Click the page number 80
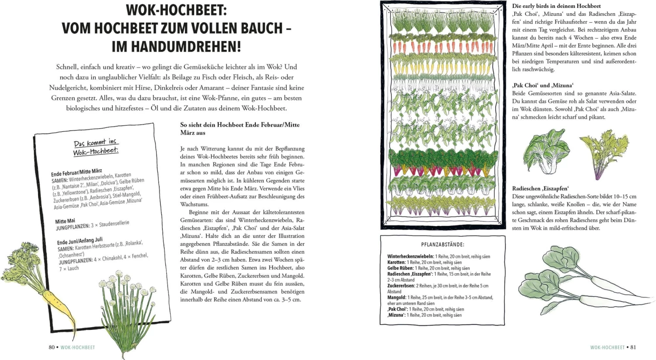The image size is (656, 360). [x=52, y=347]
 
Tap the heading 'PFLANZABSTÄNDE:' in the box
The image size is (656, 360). [x=443, y=245]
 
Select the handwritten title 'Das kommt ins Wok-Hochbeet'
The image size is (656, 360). [x=96, y=147]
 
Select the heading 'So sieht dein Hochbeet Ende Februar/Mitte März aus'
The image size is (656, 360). [x=240, y=129]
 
